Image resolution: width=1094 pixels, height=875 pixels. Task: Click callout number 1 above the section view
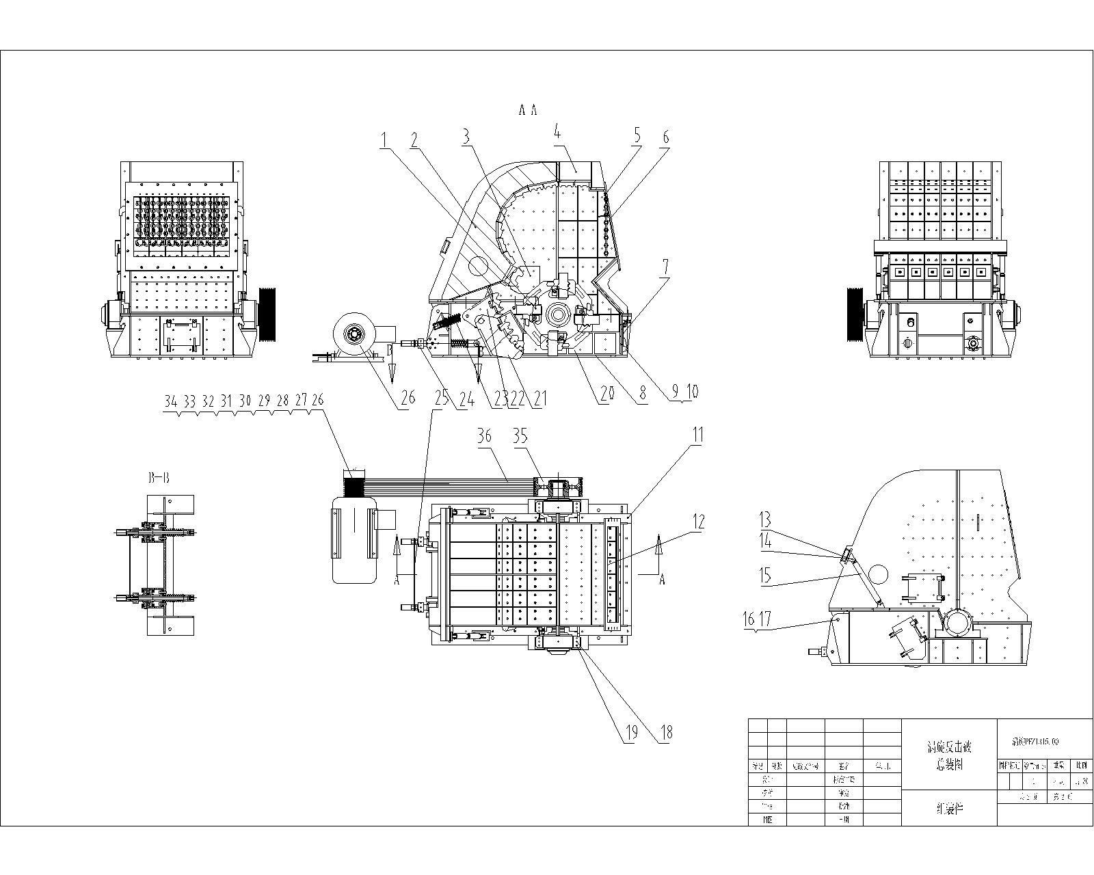pyautogui.click(x=385, y=139)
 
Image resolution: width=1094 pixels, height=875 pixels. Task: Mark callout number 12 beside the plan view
pyautogui.click(x=697, y=522)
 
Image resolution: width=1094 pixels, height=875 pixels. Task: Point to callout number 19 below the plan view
pyautogui.click(x=631, y=732)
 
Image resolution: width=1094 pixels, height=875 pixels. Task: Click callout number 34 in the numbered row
pyautogui.click(x=170, y=402)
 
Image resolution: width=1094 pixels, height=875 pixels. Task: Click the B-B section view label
pyautogui.click(x=158, y=479)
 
